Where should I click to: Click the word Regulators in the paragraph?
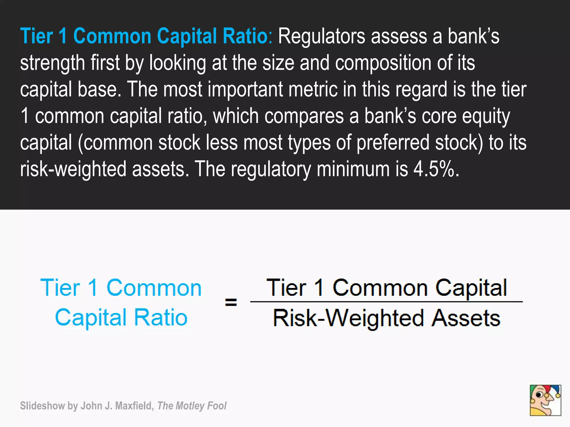click(x=321, y=36)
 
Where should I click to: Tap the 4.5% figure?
click(x=436, y=169)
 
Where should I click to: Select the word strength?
click(x=52, y=63)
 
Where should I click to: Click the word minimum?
click(x=353, y=169)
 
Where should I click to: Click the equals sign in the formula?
click(x=231, y=302)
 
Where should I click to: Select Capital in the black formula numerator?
click(x=471, y=288)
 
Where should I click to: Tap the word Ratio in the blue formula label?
click(x=161, y=317)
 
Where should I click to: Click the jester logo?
click(x=545, y=400)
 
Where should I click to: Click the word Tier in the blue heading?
click(x=36, y=36)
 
